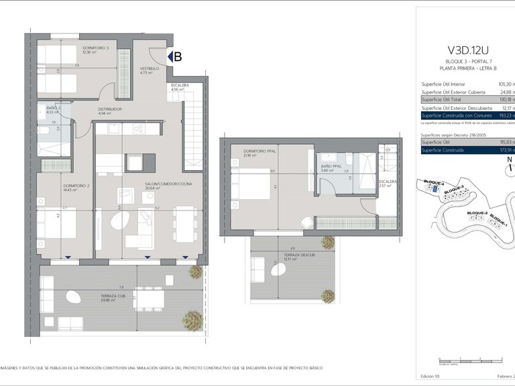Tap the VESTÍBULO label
pyautogui.click(x=149, y=68)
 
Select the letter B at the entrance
pyautogui.click(x=178, y=57)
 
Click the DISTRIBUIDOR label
pyautogui.click(x=109, y=109)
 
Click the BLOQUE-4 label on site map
pyautogui.click(x=430, y=183)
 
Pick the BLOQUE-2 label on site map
pyautogui.click(x=476, y=212)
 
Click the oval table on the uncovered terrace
pyautogui.click(x=278, y=270)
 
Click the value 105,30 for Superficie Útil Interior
pyautogui.click(x=506, y=84)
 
